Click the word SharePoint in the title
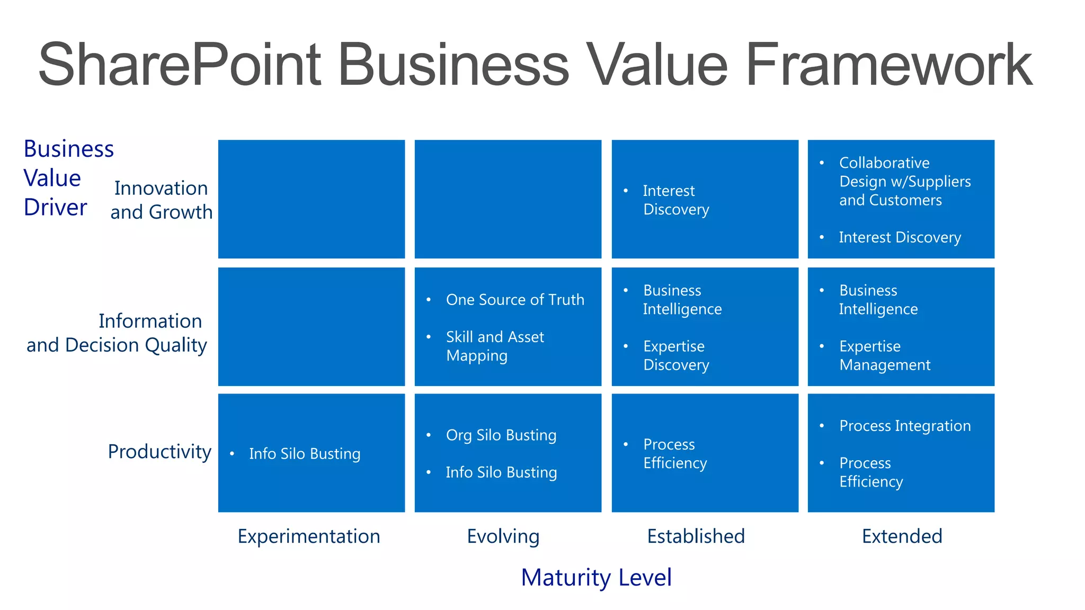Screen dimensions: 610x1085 (x=180, y=65)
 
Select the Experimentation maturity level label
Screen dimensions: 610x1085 (x=309, y=536)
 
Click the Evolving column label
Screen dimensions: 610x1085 (x=503, y=536)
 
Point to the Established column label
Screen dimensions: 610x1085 (x=696, y=536)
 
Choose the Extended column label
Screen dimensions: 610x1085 (x=902, y=536)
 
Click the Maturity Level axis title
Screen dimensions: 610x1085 (x=596, y=577)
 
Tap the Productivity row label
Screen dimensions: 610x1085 (x=159, y=452)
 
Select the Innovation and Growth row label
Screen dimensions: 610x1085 (x=161, y=200)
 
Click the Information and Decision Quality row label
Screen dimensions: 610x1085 (x=117, y=333)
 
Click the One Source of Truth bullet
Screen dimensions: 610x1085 (x=515, y=300)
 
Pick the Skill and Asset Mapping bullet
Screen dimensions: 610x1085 (x=495, y=346)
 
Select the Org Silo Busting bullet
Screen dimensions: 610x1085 (x=501, y=435)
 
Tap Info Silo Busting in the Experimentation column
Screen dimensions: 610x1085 (x=305, y=454)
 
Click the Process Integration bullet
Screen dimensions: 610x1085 (x=905, y=426)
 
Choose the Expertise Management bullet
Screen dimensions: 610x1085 (x=885, y=355)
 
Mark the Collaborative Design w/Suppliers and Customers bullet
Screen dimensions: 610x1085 (x=905, y=181)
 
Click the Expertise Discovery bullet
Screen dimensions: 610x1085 (x=676, y=355)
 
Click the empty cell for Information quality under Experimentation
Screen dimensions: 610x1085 (x=312, y=327)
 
